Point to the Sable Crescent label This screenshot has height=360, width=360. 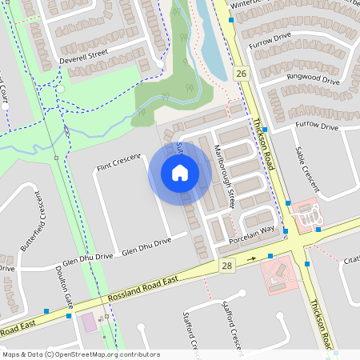pyautogui.click(x=306, y=169)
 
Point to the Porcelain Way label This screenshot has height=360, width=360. pyautogui.click(x=252, y=231)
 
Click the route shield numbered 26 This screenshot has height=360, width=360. pyautogui.click(x=241, y=74)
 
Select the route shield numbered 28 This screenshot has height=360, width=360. pyautogui.click(x=227, y=265)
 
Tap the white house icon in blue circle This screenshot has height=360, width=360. pyautogui.click(x=180, y=173)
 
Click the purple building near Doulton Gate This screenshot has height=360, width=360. pyautogui.click(x=87, y=323)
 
